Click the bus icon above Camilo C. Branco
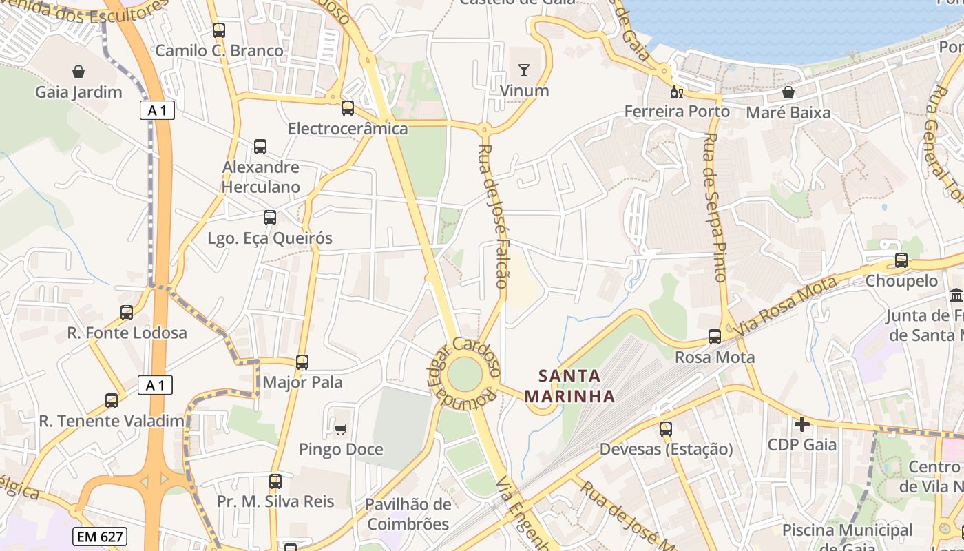[x=219, y=30]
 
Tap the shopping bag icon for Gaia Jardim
[x=78, y=72]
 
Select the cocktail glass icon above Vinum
[x=524, y=70]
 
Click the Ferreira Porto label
[x=677, y=112]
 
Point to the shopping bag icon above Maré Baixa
[x=788, y=92]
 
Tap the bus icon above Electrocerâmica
[x=348, y=108]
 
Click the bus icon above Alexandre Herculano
[x=260, y=147]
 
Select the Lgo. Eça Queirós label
[x=270, y=238]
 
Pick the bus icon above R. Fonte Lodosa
[x=127, y=313]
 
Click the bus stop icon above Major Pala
[x=302, y=362]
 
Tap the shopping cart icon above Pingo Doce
[x=340, y=430]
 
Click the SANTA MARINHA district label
[x=569, y=386]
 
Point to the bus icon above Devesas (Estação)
[x=665, y=429]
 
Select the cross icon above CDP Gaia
[x=802, y=424]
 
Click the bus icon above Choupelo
[x=901, y=260]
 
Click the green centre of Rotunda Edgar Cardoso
[x=465, y=375]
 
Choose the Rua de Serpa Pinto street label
[x=713, y=207]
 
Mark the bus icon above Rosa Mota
[x=715, y=337]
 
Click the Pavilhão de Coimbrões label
[x=408, y=514]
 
